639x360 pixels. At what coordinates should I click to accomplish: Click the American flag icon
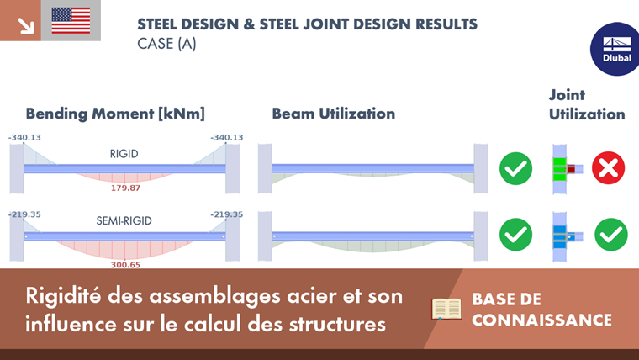71,20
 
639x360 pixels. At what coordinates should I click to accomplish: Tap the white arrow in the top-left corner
25,25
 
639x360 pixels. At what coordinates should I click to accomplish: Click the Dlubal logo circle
612,47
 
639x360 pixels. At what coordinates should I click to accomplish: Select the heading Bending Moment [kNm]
115,114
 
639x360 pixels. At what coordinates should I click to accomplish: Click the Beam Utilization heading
333,114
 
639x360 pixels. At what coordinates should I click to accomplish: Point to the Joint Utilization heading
587,104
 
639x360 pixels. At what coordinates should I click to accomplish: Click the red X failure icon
608,169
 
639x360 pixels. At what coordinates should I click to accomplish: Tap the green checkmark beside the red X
515,169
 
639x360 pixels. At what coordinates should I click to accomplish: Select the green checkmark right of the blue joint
611,235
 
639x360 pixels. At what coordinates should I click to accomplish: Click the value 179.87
125,188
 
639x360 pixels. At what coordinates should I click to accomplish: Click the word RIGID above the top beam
124,154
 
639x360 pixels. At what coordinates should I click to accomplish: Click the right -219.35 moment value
227,214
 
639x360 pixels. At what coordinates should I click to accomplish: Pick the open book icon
447,309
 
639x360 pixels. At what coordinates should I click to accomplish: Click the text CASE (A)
166,44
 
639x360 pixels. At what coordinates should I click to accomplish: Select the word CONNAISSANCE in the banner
541,320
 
